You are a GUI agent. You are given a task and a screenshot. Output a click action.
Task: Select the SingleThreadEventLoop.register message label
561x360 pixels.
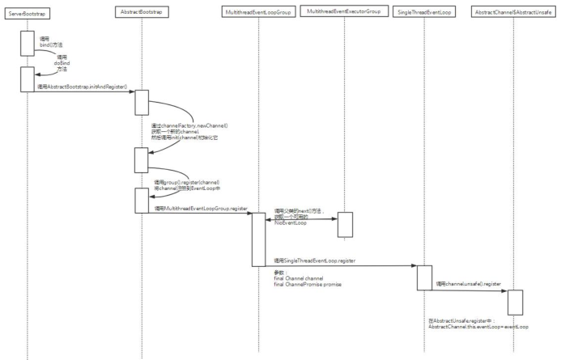click(x=317, y=260)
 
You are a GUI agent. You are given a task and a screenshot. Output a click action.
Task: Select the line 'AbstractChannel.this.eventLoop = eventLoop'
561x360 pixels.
click(x=478, y=326)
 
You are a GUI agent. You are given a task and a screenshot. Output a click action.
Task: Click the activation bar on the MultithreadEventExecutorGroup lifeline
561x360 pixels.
click(x=345, y=224)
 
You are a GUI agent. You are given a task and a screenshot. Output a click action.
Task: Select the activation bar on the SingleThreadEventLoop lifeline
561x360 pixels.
click(x=424, y=277)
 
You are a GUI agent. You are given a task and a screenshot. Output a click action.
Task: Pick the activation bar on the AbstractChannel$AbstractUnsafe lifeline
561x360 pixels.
click(x=515, y=302)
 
